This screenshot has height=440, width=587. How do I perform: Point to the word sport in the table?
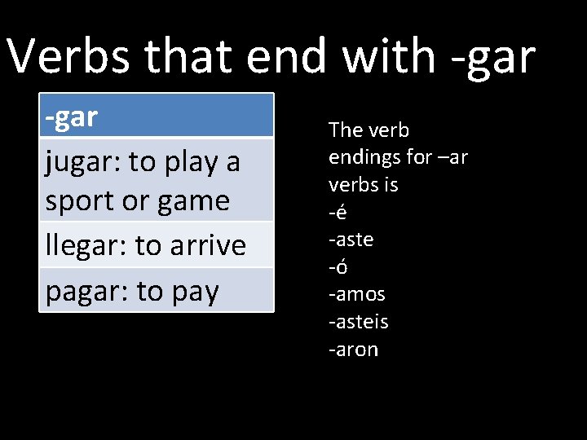(80, 201)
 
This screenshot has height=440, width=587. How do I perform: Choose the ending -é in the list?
(338, 212)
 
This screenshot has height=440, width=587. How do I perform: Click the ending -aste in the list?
(351, 240)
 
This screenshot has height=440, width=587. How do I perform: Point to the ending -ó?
(338, 266)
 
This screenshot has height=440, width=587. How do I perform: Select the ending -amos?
(356, 294)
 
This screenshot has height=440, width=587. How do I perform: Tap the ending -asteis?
(358, 322)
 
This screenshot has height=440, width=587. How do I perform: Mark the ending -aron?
(353, 350)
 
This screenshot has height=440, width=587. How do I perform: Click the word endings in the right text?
(362, 157)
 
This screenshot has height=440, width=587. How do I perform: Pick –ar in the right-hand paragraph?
(453, 157)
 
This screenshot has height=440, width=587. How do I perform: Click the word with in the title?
(389, 57)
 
